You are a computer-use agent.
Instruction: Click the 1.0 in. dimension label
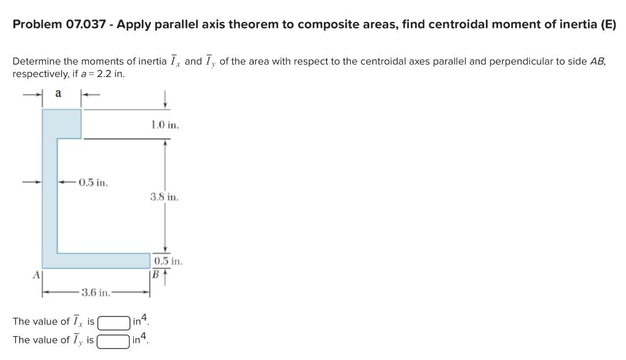164,125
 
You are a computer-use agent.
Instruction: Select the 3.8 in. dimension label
164,197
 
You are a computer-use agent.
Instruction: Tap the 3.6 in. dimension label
96,292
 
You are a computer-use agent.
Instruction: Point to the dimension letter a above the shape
58,93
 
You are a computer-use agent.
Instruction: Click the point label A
36,274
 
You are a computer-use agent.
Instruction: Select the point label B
155,274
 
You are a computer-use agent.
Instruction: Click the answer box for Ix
114,321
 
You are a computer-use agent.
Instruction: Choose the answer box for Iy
114,340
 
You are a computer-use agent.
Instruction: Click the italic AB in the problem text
597,62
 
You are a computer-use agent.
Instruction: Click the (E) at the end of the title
608,25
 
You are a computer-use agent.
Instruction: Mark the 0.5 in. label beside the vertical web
93,182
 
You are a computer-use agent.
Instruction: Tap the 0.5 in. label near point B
168,261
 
